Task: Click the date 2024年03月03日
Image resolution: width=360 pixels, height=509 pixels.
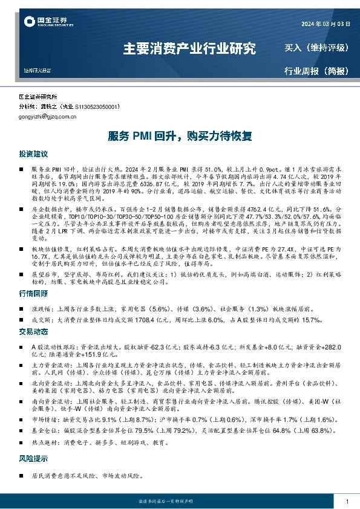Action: point(325,24)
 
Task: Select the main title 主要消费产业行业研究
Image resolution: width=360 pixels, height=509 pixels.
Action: point(189,48)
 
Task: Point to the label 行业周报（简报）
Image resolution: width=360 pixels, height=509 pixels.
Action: point(316,71)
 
